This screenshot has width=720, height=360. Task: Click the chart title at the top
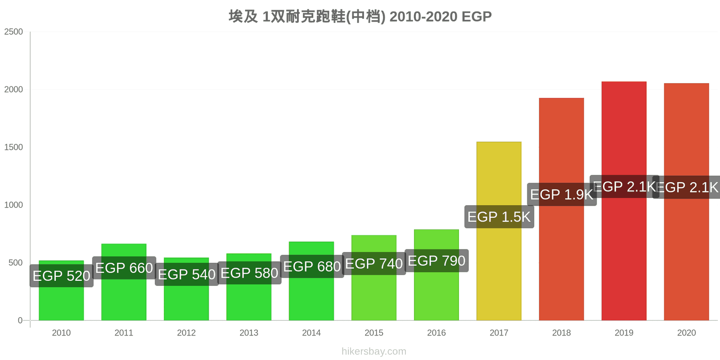point(360,17)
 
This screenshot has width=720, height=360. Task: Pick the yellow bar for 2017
point(499,270)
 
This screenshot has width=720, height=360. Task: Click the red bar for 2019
point(624,252)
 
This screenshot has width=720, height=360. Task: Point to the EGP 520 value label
point(62,276)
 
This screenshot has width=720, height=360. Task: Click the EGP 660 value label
point(124,268)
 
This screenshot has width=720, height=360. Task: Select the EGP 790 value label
point(436,261)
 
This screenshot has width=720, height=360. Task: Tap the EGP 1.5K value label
point(499,217)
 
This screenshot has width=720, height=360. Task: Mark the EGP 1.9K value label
point(562,194)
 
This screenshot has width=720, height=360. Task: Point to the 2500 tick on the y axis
point(13,32)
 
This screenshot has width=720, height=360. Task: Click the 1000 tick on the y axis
point(13,205)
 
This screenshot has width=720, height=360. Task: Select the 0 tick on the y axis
point(20,320)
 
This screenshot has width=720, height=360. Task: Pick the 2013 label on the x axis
point(249,333)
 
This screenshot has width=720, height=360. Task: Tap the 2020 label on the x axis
point(686,333)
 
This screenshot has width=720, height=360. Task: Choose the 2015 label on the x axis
point(374,333)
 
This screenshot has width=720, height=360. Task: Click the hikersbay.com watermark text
point(373,351)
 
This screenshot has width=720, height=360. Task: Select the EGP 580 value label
point(249,273)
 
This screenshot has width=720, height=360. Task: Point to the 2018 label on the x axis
point(561,333)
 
